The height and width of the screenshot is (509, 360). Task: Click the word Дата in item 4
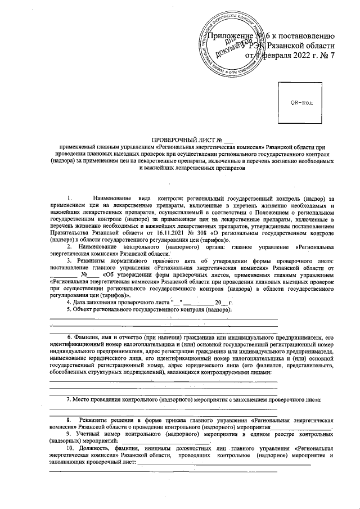pos(82,301)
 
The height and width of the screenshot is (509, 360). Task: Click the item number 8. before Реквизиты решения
pos(69,420)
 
